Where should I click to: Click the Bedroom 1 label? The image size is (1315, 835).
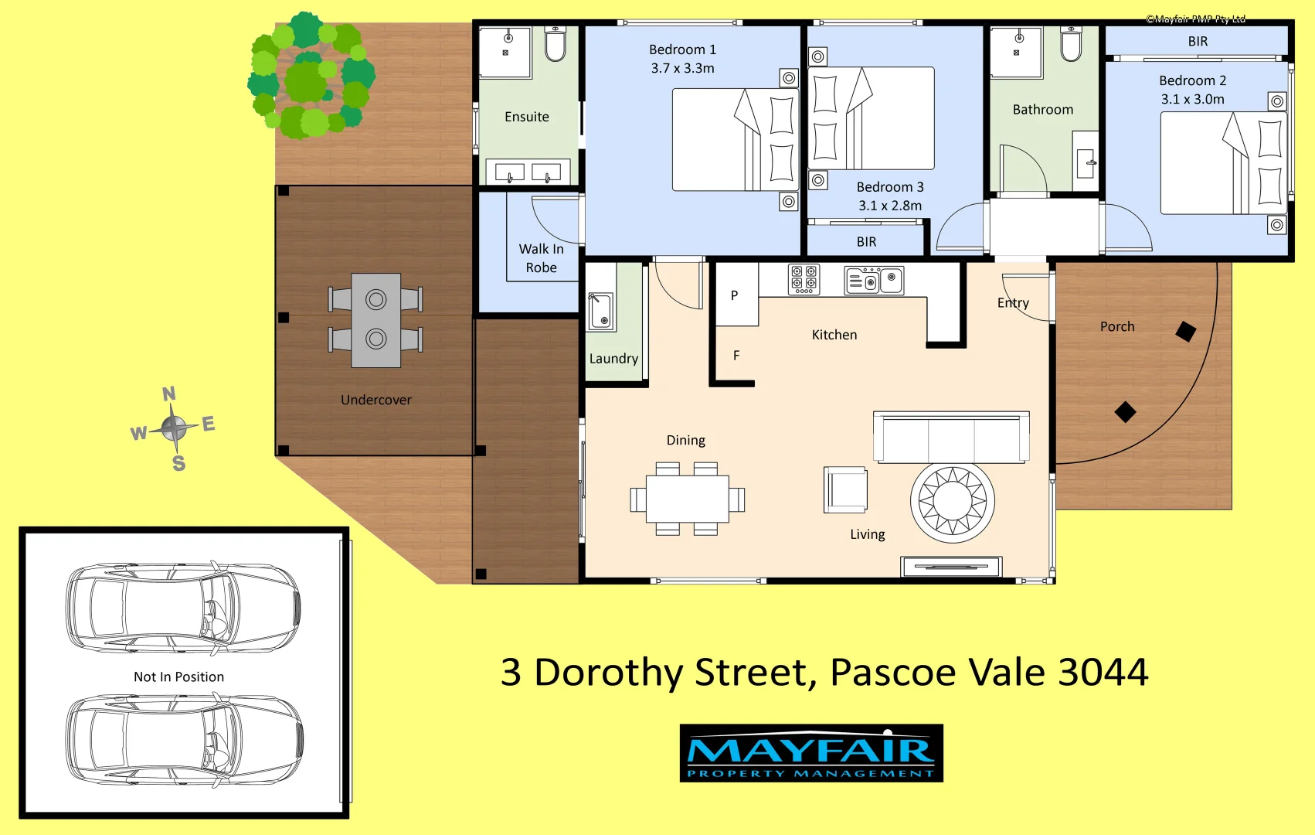[x=682, y=49]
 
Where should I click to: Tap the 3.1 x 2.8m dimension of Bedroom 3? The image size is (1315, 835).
[x=890, y=206]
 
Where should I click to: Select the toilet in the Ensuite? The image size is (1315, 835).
[x=555, y=43]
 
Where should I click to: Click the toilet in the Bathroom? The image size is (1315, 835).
[x=1070, y=43]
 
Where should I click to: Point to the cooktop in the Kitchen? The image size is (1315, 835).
[x=804, y=280]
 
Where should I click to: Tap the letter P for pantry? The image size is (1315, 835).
[x=734, y=295]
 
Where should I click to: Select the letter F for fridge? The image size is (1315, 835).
[x=736, y=356]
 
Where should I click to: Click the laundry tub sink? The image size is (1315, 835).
[x=602, y=311]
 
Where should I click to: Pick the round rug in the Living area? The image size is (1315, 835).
[x=952, y=502]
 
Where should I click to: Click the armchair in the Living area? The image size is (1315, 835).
[x=845, y=489]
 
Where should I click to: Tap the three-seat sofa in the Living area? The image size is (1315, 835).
[x=951, y=438]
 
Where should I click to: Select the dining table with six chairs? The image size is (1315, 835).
[x=687, y=499]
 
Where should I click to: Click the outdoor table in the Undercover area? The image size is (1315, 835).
[x=375, y=319]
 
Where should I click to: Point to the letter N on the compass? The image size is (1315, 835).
[x=169, y=394]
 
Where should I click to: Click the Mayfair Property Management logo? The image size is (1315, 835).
[x=811, y=753]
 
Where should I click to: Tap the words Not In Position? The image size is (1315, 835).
[x=178, y=677]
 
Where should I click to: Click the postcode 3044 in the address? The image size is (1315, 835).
[x=1103, y=672]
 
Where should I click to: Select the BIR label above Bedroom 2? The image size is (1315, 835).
[x=1198, y=42]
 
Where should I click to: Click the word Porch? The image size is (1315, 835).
[x=1117, y=326]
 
